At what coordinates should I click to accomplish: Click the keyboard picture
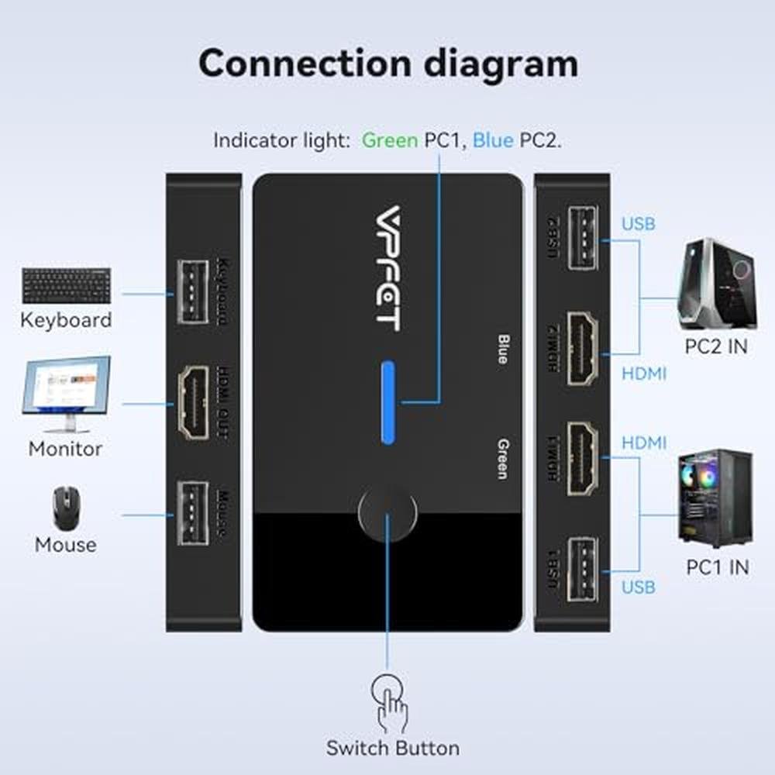pyautogui.click(x=66, y=285)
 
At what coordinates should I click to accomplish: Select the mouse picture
pyautogui.click(x=65, y=508)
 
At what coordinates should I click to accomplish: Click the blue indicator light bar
pyautogui.click(x=388, y=402)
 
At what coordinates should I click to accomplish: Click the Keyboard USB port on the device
pyautogui.click(x=192, y=292)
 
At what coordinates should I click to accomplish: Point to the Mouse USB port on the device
pyautogui.click(x=192, y=512)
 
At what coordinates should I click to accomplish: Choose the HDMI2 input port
pyautogui.click(x=583, y=348)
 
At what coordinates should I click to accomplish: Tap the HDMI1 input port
pyautogui.click(x=583, y=458)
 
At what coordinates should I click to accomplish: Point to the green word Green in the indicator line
pyautogui.click(x=390, y=140)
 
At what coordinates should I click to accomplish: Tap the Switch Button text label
pyautogui.click(x=392, y=748)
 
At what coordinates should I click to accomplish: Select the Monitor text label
pyautogui.click(x=65, y=448)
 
